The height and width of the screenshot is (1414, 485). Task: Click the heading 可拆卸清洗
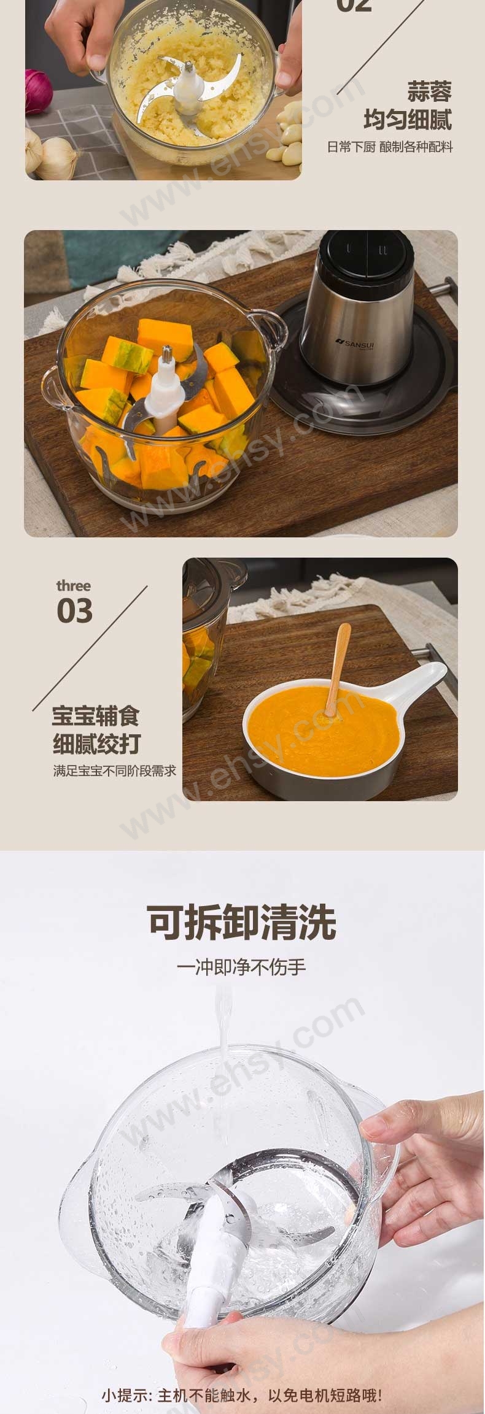click(242, 922)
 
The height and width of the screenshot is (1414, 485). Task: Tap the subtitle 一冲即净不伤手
click(241, 967)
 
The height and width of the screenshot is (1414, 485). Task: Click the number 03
click(75, 611)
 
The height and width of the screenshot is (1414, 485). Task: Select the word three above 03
click(73, 586)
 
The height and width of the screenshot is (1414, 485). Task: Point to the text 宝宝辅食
click(96, 716)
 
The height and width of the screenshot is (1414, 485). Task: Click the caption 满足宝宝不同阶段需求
click(114, 770)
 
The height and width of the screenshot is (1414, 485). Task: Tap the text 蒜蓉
click(429, 92)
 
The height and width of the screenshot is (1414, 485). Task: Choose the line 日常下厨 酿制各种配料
click(390, 147)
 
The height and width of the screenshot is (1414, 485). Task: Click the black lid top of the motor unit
click(366, 253)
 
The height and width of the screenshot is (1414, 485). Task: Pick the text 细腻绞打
click(96, 744)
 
